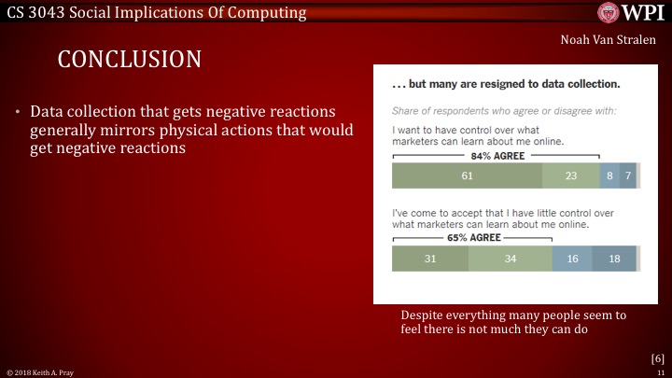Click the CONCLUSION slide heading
[x=130, y=60]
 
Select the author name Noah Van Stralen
[x=608, y=41]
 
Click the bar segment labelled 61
[x=467, y=175]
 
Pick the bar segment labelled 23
[x=570, y=175]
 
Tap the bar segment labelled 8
[x=609, y=175]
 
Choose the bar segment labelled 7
[x=627, y=175]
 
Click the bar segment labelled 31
[x=430, y=259]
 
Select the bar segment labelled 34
[x=510, y=259]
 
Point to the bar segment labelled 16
[x=571, y=259]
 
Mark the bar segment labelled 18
[x=613, y=259]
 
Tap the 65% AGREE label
[x=472, y=238]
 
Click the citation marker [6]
[x=657, y=357]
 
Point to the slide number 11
[x=661, y=371]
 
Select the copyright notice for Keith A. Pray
[x=40, y=371]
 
